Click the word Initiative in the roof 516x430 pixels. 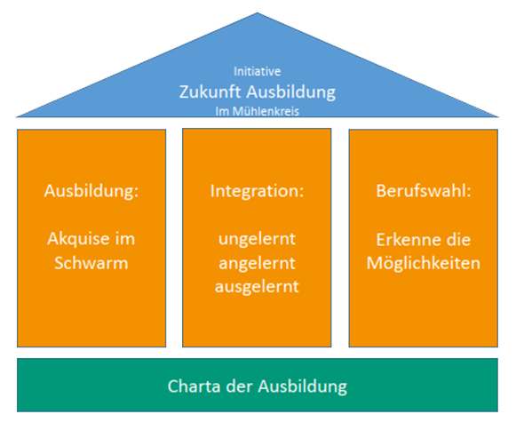pyautogui.click(x=257, y=71)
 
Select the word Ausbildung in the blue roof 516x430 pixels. pyautogui.click(x=291, y=92)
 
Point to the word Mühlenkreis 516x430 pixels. pyautogui.click(x=266, y=111)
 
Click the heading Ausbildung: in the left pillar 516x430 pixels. pyautogui.click(x=91, y=191)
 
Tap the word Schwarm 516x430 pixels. pyautogui.click(x=91, y=263)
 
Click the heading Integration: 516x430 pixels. pyautogui.click(x=257, y=191)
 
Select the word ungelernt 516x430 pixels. pyautogui.click(x=257, y=239)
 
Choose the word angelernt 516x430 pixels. pyautogui.click(x=257, y=263)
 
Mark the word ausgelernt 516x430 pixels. pyautogui.click(x=257, y=286)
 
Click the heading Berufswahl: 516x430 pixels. pyautogui.click(x=424, y=191)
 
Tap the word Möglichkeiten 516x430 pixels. pyautogui.click(x=424, y=263)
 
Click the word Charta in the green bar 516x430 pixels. pyautogui.click(x=194, y=386)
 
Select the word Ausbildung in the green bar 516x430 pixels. pyautogui.click(x=303, y=386)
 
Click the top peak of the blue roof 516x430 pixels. pyautogui.click(x=258, y=12)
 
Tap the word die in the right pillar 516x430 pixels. pyautogui.click(x=458, y=239)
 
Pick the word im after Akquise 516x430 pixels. pyautogui.click(x=125, y=239)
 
